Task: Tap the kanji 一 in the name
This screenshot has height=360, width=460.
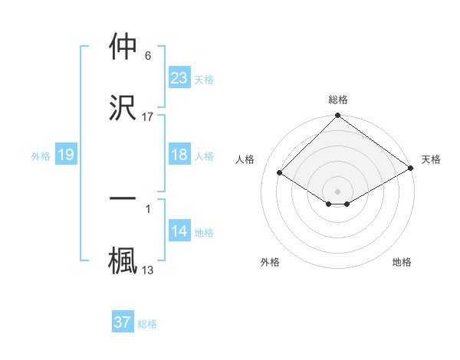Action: (123, 198)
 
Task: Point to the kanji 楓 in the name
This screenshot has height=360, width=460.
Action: (123, 258)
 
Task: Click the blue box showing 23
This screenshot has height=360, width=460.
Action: (179, 77)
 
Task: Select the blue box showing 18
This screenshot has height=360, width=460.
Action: (179, 155)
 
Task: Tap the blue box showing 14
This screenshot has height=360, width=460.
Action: (179, 232)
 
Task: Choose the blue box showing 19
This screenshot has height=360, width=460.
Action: (65, 155)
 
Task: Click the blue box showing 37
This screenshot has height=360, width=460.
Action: (123, 322)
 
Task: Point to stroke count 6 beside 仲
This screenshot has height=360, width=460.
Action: (148, 56)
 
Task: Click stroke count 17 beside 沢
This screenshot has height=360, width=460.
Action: (148, 116)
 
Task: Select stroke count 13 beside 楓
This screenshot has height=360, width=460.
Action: (148, 270)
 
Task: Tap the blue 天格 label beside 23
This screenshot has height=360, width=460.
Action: (204, 79)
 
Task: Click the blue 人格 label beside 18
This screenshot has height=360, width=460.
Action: (204, 156)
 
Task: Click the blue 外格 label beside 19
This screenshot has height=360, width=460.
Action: (41, 156)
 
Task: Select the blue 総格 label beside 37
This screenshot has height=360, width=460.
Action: (147, 324)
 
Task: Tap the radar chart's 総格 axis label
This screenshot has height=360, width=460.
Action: (338, 100)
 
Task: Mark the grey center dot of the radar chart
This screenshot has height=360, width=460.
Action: (338, 191)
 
